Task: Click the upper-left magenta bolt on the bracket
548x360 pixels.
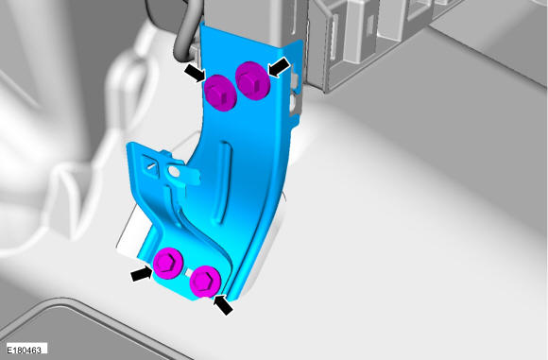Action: pyautogui.click(x=220, y=93)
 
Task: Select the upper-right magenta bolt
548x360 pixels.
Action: pyautogui.click(x=252, y=80)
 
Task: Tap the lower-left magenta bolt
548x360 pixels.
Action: pyautogui.click(x=169, y=263)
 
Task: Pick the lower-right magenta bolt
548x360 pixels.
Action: pyautogui.click(x=205, y=282)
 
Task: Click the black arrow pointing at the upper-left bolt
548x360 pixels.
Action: pyautogui.click(x=196, y=73)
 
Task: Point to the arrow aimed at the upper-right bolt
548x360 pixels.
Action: pyautogui.click(x=280, y=67)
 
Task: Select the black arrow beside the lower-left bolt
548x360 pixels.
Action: pyautogui.click(x=142, y=273)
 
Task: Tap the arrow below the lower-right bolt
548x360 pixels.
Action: pyautogui.click(x=224, y=304)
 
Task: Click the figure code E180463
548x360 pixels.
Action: pyautogui.click(x=25, y=350)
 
